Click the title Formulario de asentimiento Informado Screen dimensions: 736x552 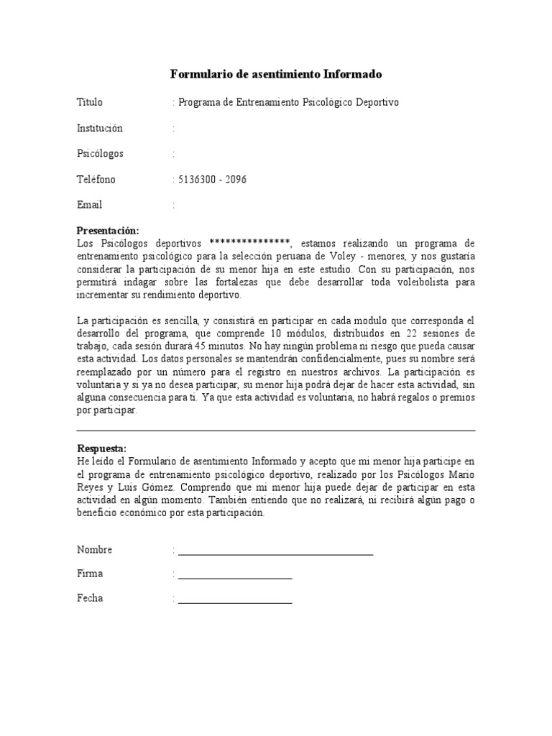pyautogui.click(x=276, y=74)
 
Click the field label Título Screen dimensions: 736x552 pyautogui.click(x=90, y=102)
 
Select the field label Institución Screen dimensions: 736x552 pyautogui.click(x=100, y=128)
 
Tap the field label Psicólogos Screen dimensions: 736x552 pyautogui.click(x=100, y=154)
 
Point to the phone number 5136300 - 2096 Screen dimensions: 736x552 pyautogui.click(x=212, y=180)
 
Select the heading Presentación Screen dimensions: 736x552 pyautogui.click(x=106, y=231)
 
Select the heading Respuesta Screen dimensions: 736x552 pyautogui.click(x=101, y=448)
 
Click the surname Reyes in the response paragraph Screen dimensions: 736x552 pyautogui.click(x=90, y=487)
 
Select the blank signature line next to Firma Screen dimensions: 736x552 pyautogui.click(x=235, y=577)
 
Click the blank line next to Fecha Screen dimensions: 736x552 pyautogui.click(x=235, y=602)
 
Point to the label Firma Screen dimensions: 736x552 pyautogui.click(x=90, y=574)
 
